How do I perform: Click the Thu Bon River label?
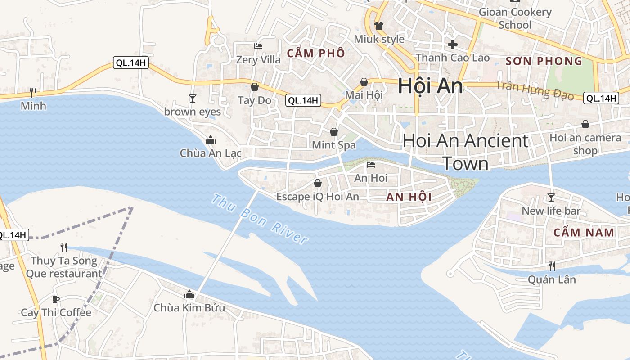pyautogui.click(x=260, y=219)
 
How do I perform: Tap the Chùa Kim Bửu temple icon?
pyautogui.click(x=189, y=294)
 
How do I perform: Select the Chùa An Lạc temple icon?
pyautogui.click(x=210, y=140)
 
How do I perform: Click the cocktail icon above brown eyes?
pyautogui.click(x=193, y=98)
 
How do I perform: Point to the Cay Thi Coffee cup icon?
pyautogui.click(x=56, y=299)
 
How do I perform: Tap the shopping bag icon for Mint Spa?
pyautogui.click(x=334, y=132)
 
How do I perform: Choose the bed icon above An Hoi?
pyautogui.click(x=371, y=165)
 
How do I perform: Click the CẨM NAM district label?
pyautogui.click(x=584, y=233)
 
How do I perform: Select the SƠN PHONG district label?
pyautogui.click(x=544, y=61)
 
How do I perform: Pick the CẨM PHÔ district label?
pyautogui.click(x=316, y=53)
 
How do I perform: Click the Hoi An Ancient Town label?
pyautogui.click(x=465, y=152)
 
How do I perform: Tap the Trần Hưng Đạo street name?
pyautogui.click(x=535, y=90)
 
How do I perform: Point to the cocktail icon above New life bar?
pyautogui.click(x=551, y=197)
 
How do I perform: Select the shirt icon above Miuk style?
pyautogui.click(x=379, y=25)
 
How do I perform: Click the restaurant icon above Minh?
pyautogui.click(x=33, y=93)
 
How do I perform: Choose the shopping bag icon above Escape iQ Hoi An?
pyautogui.click(x=318, y=183)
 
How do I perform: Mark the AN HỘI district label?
pyautogui.click(x=409, y=197)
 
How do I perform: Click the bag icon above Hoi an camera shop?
pyautogui.click(x=585, y=124)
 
